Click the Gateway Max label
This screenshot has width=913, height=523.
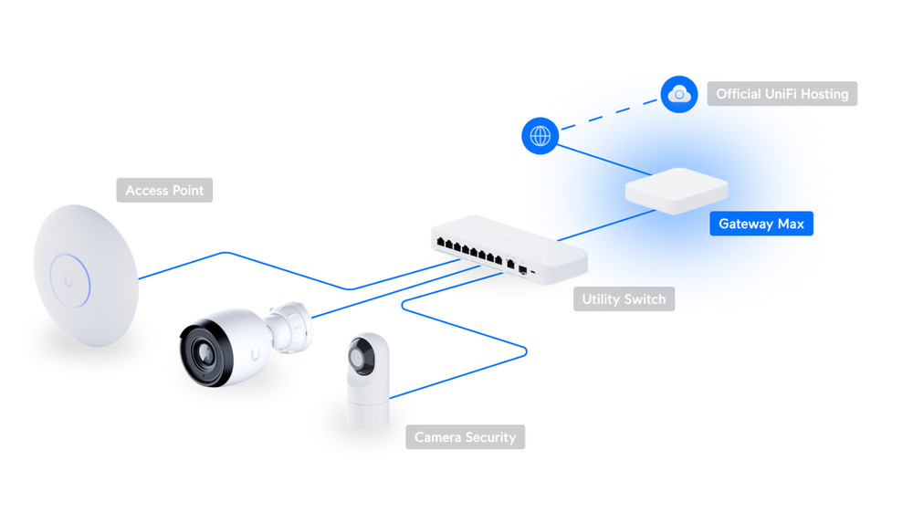(x=761, y=224)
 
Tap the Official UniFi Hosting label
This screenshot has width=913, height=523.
(x=782, y=94)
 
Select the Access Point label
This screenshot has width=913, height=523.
(x=164, y=190)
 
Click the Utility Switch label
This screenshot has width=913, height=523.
(x=624, y=299)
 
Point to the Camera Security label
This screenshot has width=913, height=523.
(x=465, y=437)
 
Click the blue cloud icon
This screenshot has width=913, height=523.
(x=679, y=94)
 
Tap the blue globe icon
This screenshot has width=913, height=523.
(x=540, y=136)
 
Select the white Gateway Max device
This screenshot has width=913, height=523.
(x=676, y=191)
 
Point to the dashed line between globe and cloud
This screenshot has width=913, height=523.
(x=610, y=115)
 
